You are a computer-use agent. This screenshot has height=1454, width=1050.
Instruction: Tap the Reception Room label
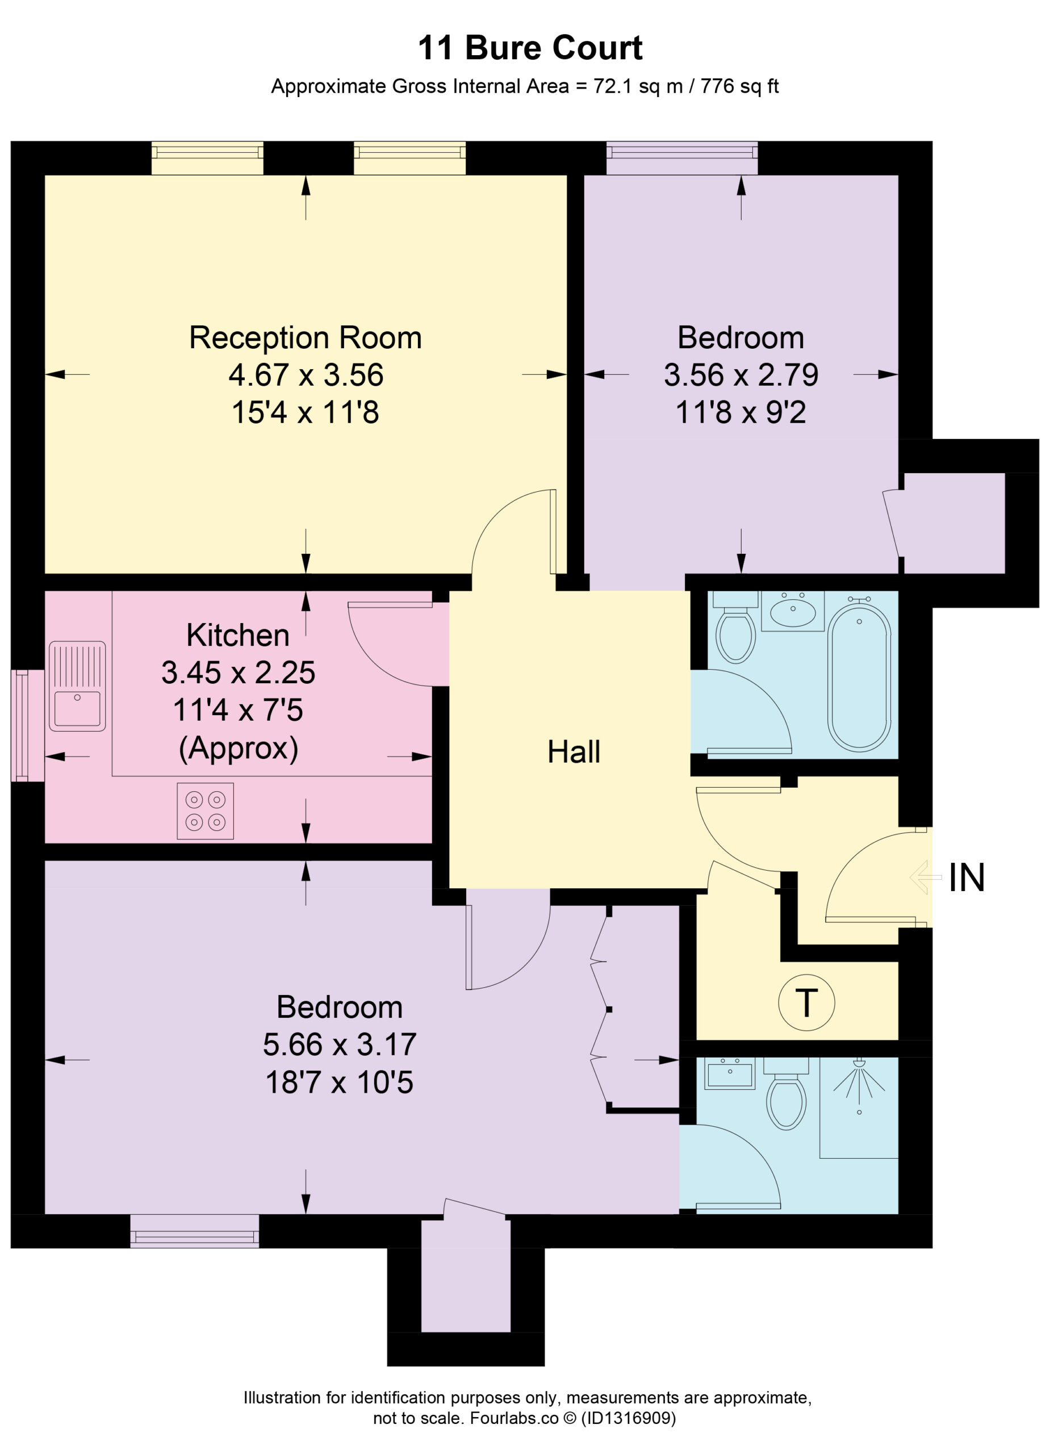tap(305, 338)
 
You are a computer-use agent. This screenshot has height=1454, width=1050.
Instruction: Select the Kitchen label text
tap(238, 636)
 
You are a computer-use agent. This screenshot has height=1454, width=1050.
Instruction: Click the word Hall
tap(574, 751)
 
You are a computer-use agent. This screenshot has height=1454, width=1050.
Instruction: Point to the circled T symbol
tap(806, 1002)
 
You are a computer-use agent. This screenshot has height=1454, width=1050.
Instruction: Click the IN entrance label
tap(966, 878)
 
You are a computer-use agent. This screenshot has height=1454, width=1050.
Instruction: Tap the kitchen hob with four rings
tap(205, 811)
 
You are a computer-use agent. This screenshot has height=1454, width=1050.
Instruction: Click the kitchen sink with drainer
tap(77, 686)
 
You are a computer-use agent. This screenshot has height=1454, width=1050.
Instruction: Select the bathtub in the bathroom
tap(859, 676)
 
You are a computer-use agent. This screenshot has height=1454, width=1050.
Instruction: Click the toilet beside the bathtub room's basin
tap(735, 628)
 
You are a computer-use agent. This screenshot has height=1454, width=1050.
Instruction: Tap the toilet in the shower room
tap(786, 1094)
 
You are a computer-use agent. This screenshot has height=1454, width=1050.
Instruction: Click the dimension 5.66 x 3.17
tap(340, 1044)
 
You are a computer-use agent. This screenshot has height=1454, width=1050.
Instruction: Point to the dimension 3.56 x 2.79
tap(741, 375)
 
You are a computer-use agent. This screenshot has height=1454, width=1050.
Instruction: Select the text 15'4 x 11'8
tap(305, 412)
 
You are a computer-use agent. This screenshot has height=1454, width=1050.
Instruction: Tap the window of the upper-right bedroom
tap(682, 158)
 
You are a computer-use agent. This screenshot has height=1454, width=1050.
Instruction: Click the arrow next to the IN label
tap(925, 877)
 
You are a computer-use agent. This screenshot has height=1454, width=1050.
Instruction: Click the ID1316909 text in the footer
tap(628, 1418)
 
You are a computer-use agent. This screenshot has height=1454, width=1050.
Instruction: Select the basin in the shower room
tap(730, 1073)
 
